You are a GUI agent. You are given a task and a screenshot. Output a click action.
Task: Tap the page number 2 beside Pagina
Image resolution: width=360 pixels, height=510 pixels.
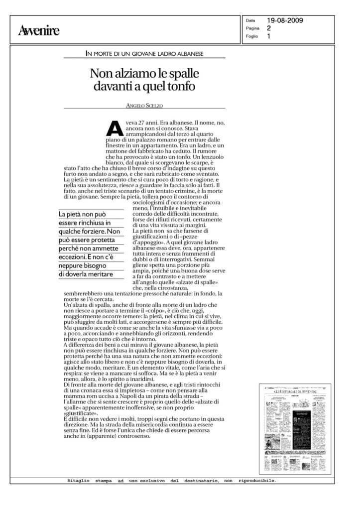pos(269,28)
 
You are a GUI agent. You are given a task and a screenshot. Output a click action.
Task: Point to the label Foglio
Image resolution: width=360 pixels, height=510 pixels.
pos(251,36)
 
